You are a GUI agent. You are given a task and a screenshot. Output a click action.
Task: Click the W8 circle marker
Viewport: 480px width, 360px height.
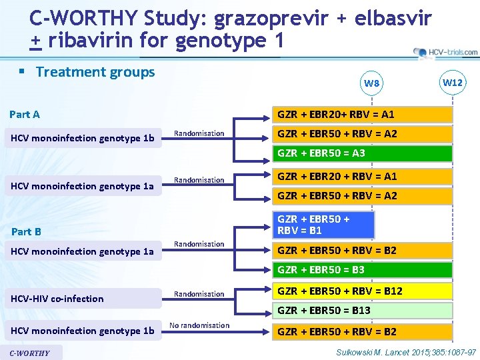pos(372,83)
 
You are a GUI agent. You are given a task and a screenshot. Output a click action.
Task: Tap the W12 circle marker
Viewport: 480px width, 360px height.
pos(453,83)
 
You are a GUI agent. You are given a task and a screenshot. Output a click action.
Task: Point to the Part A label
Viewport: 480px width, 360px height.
pos(25,114)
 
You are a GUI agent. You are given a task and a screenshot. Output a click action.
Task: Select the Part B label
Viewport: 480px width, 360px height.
pos(26,231)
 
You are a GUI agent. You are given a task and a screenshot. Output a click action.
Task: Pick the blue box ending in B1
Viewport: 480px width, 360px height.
pos(322,225)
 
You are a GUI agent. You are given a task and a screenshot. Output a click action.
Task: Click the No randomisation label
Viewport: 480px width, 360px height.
pos(199,325)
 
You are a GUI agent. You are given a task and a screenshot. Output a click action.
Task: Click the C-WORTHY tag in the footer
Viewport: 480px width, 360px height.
pos(31,353)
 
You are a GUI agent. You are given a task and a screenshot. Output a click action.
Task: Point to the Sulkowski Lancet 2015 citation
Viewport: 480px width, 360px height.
pos(406,351)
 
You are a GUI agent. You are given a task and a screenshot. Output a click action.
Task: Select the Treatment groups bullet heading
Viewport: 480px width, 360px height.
pos(95,72)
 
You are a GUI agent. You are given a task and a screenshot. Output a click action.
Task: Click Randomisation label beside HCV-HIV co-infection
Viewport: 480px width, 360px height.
pos(199,294)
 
